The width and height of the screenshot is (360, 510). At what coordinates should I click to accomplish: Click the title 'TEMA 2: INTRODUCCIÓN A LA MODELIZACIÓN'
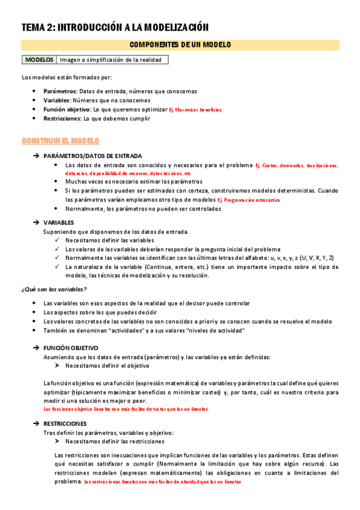pos(115,26)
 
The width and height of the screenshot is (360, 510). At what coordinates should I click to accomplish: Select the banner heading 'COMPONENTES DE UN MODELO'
pos(180,45)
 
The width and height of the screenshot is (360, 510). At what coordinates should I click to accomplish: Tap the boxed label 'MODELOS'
pos(39,60)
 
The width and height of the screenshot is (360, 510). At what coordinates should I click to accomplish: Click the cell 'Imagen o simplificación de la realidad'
pos(112,60)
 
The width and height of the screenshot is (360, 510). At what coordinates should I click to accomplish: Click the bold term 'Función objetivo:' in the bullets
pos(67,109)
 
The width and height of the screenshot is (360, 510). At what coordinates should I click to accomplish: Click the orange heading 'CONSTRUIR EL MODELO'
pos(60,141)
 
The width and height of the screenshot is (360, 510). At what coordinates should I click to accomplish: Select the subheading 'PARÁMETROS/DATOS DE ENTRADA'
pos(93,156)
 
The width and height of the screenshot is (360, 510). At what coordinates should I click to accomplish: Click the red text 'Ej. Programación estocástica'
pos(248,200)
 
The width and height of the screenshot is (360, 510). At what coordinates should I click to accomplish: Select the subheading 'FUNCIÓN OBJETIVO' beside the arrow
pos(71,348)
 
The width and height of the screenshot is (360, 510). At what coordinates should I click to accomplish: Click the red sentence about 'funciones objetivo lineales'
pos(127,409)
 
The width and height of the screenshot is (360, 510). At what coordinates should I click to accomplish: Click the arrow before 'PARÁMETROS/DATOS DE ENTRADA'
pos(37,156)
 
